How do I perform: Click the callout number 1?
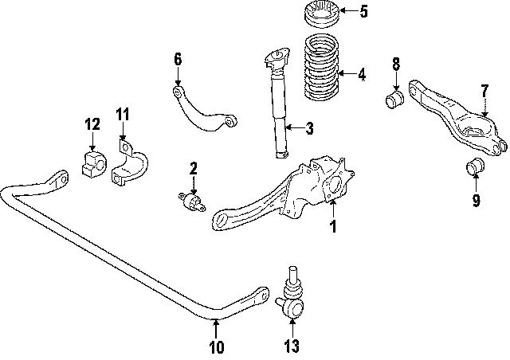coord(333,227)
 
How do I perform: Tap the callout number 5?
coord(363,11)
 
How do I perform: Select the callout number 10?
coord(216,346)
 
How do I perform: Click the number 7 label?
coord(484,91)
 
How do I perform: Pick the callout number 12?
coord(92,123)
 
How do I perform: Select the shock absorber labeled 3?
coord(277,112)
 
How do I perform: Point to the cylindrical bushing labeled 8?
coord(394,100)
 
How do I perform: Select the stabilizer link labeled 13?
coord(292,299)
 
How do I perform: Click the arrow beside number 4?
coord(344,76)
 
